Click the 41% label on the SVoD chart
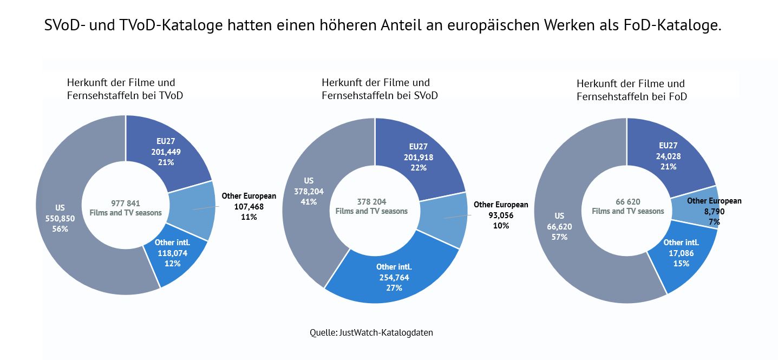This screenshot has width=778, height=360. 308,201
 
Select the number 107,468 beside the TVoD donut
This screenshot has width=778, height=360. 249,207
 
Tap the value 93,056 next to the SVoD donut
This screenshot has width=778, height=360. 501,215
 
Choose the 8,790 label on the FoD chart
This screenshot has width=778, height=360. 714,212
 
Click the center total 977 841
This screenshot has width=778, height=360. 126,203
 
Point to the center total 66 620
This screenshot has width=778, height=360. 627,201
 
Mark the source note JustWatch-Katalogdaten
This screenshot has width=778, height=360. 385,332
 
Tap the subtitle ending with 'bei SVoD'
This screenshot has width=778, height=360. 380,96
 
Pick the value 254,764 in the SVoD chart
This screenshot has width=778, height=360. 394,277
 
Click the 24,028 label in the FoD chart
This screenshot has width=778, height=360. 668,156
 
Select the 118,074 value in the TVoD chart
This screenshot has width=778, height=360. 172,253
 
